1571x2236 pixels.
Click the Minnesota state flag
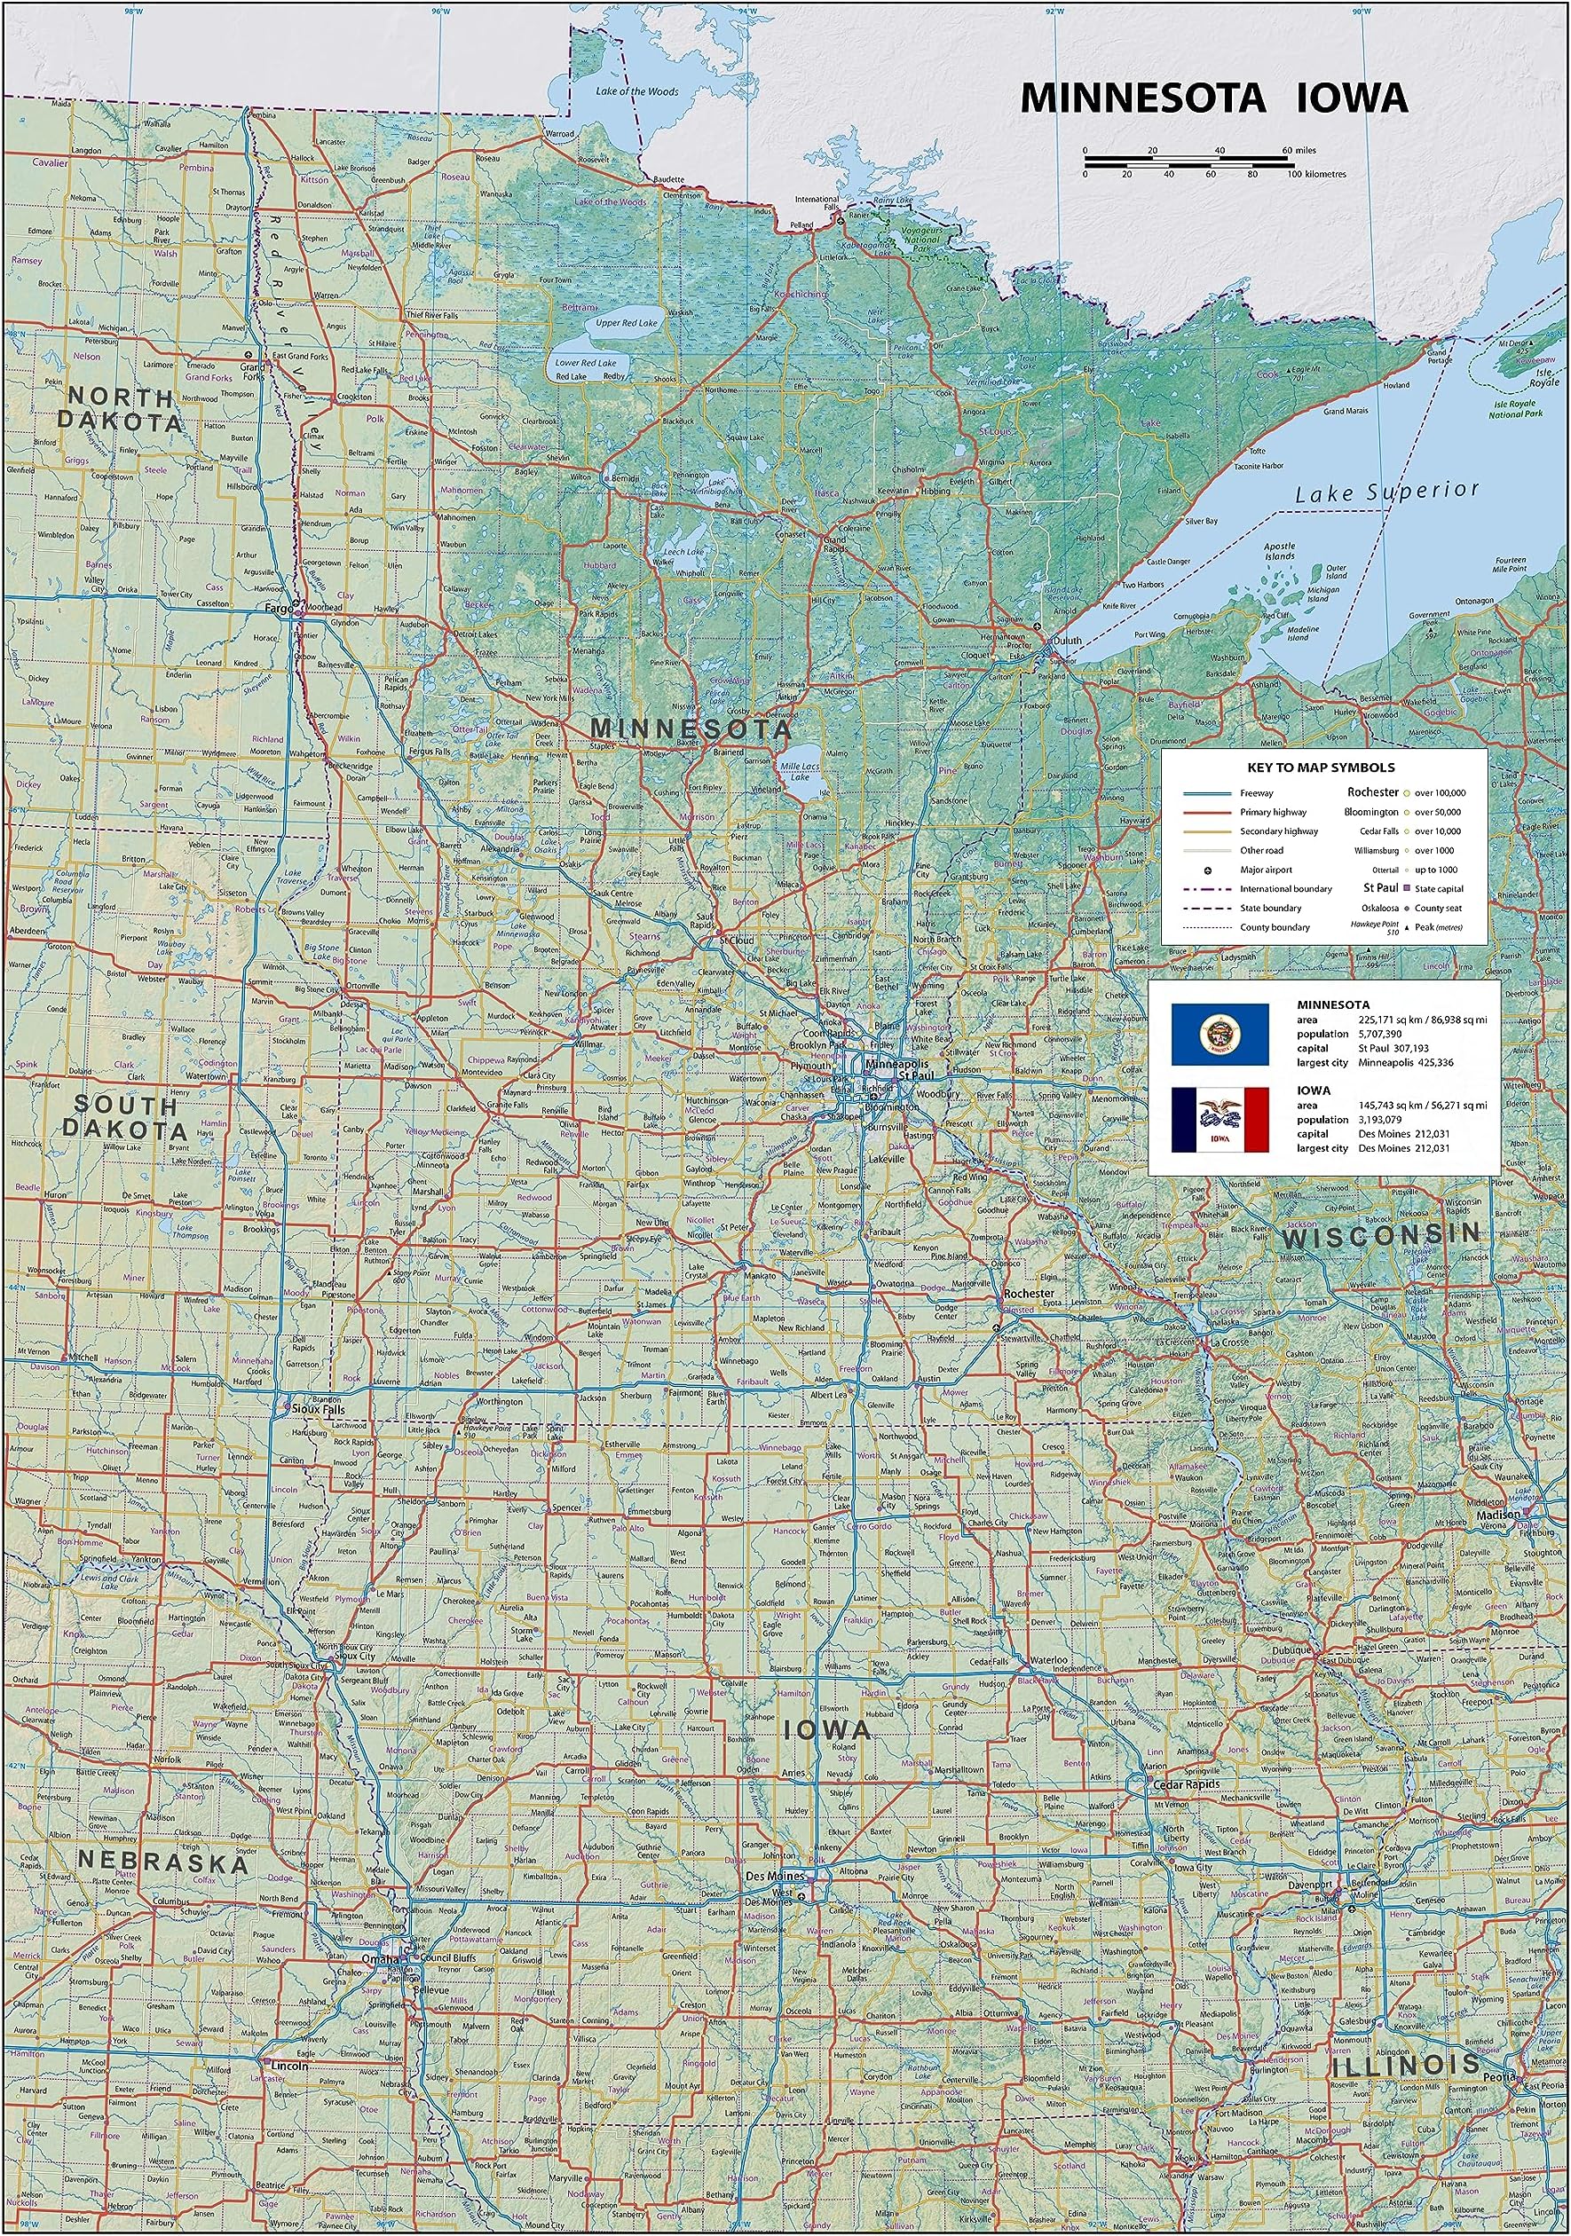click(x=1220, y=1035)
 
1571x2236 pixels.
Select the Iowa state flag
click(x=1220, y=1118)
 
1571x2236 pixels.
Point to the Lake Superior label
click(x=1386, y=492)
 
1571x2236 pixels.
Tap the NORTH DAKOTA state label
click(x=118, y=409)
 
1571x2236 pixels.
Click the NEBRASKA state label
click(x=162, y=1863)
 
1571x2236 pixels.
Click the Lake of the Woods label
click(x=636, y=91)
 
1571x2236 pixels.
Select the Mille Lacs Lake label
click(x=799, y=771)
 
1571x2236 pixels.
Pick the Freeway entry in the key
click(x=1257, y=792)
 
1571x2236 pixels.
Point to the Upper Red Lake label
click(x=627, y=322)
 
